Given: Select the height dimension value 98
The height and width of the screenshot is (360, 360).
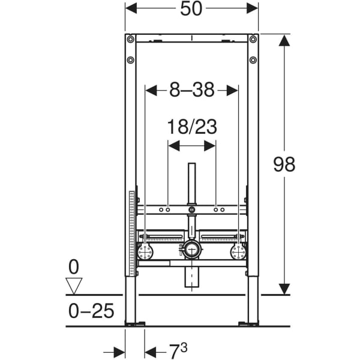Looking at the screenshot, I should point(284,164).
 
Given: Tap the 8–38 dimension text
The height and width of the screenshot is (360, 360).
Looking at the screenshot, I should point(191,90).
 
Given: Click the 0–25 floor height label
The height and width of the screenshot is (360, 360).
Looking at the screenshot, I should point(89,311).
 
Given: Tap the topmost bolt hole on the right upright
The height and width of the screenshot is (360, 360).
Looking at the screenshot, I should point(253,40).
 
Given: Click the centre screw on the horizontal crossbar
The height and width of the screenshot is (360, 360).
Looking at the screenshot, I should point(191,210).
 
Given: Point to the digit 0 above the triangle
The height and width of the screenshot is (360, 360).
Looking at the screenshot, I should point(73,266).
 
